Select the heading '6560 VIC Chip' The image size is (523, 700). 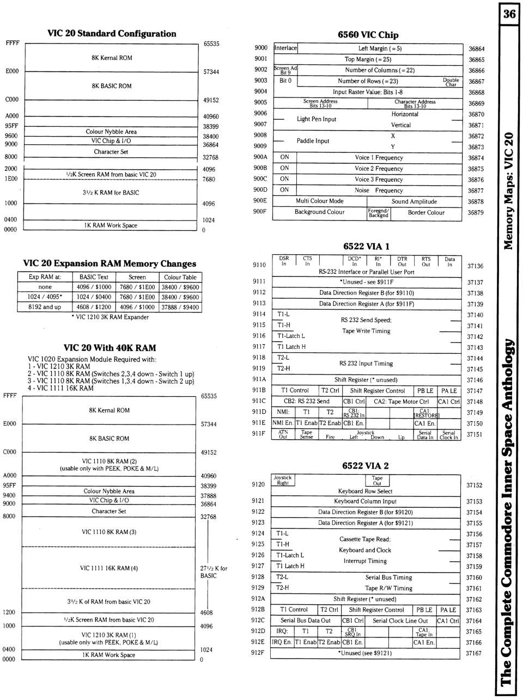point(368,35)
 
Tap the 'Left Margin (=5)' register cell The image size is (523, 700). point(380,48)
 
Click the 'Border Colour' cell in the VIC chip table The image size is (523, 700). point(426,212)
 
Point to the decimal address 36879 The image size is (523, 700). point(476,213)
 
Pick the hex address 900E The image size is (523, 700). point(260,200)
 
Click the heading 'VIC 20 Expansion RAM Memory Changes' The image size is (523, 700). point(110,263)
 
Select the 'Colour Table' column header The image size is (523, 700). point(180,277)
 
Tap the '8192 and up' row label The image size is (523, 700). point(45,307)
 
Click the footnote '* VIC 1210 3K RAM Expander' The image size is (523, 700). point(110,317)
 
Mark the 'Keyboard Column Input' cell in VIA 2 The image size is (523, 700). point(365,501)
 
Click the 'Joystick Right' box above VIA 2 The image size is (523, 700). point(282,480)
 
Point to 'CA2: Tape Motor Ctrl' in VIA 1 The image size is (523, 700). point(401,402)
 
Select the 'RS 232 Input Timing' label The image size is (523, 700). point(366,364)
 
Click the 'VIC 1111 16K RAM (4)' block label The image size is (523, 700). point(109,568)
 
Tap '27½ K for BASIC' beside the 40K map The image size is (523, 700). point(214,572)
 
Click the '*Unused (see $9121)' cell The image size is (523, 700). point(365,653)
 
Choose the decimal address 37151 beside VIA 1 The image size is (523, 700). point(475,434)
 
